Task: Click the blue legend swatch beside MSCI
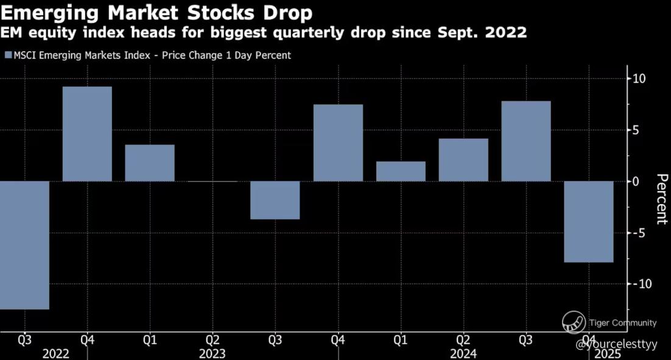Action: pyautogui.click(x=8, y=55)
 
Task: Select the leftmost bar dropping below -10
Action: pyautogui.click(x=24, y=245)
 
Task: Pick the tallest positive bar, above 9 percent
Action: pyautogui.click(x=87, y=134)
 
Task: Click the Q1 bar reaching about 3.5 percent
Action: pyautogui.click(x=150, y=163)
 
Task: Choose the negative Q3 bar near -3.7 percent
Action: pyautogui.click(x=275, y=200)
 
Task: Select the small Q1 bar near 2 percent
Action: pyautogui.click(x=401, y=171)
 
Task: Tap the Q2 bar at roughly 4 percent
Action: pyautogui.click(x=463, y=160)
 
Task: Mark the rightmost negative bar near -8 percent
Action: pyautogui.click(x=588, y=222)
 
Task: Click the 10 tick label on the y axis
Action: pyautogui.click(x=639, y=79)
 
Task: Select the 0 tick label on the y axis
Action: pyautogui.click(x=636, y=182)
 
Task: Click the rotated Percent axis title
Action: pyautogui.click(x=662, y=199)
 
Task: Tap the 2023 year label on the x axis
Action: pyautogui.click(x=213, y=353)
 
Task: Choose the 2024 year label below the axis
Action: pyautogui.click(x=463, y=353)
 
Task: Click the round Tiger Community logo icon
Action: pyautogui.click(x=574, y=322)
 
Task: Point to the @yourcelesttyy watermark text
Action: pyautogui.click(x=616, y=344)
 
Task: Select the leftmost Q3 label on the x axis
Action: pyautogui.click(x=24, y=341)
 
